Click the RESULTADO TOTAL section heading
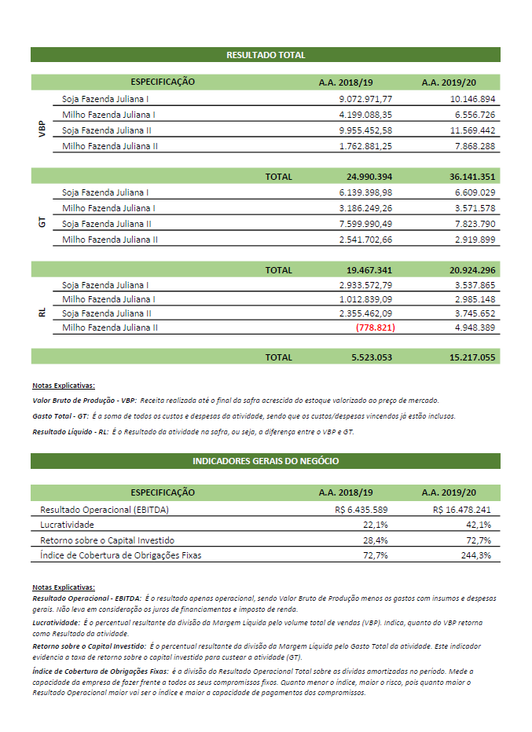point(266,55)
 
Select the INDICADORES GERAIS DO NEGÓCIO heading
point(266,461)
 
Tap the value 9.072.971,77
point(365,99)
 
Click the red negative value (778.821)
point(375,327)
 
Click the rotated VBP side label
point(42,130)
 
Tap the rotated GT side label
point(42,223)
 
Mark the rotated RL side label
point(42,313)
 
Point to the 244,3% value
point(478,555)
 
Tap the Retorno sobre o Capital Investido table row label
point(107,540)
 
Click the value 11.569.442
point(472,130)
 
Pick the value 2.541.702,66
point(365,239)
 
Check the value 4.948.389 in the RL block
point(472,327)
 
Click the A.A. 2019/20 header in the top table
point(449,82)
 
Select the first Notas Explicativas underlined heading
point(63,385)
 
